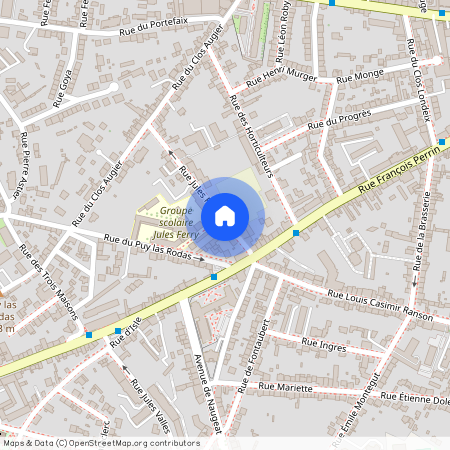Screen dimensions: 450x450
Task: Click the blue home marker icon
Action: point(225,215)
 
